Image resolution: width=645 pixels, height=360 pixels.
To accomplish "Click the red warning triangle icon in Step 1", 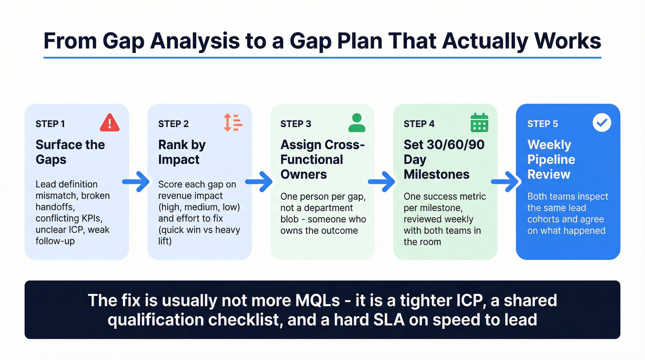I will pyautogui.click(x=109, y=123).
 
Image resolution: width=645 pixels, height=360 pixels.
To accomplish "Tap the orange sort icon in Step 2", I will pyautogui.click(x=233, y=123).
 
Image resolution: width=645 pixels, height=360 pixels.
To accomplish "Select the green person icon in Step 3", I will pyautogui.click(x=357, y=123).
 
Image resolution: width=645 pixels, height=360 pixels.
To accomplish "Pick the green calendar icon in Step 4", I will pyautogui.click(x=479, y=123).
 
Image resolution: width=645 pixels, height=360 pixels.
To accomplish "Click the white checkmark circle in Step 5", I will pyautogui.click(x=602, y=123).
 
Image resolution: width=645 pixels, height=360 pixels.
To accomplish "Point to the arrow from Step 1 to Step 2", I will pyautogui.click(x=136, y=182).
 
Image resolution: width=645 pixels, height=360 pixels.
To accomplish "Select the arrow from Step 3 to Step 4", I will pyautogui.click(x=382, y=182).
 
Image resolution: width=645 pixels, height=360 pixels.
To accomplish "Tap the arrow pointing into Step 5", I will pyautogui.click(x=505, y=182).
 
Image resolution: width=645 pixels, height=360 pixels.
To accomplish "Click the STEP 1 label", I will pyautogui.click(x=50, y=124).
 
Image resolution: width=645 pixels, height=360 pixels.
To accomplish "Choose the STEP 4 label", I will pyautogui.click(x=419, y=124).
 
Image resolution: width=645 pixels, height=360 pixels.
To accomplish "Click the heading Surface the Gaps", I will pyautogui.click(x=70, y=152).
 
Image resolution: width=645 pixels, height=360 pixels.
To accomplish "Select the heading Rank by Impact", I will pyautogui.click(x=182, y=152).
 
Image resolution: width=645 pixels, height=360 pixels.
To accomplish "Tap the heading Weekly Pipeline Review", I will pyautogui.click(x=551, y=159).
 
